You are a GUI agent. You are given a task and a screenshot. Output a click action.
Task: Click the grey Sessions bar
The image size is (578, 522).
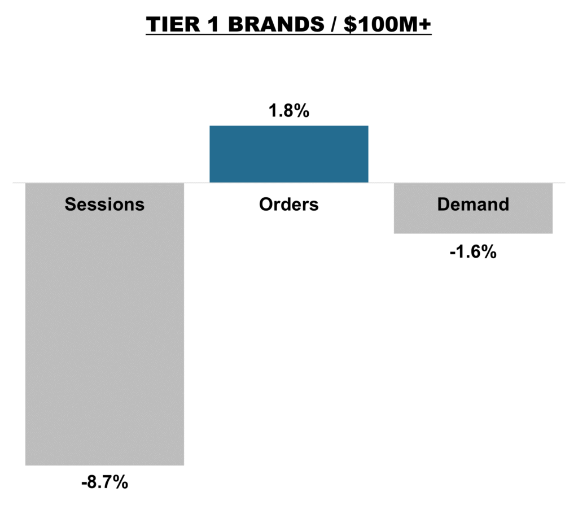click(x=104, y=324)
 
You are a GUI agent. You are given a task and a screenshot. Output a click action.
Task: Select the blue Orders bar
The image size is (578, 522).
click(x=289, y=154)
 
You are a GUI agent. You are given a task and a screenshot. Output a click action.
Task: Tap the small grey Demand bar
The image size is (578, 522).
click(x=474, y=208)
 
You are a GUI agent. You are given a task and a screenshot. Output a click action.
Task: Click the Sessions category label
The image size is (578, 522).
click(x=104, y=204)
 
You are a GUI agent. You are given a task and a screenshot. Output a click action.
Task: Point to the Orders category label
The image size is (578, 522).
click(x=289, y=204)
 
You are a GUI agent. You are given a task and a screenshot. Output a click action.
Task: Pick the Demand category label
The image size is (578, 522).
click(x=474, y=204)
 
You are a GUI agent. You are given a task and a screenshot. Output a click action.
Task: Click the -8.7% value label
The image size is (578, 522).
click(x=104, y=482)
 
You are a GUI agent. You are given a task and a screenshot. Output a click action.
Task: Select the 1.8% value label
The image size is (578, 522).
click(x=289, y=110)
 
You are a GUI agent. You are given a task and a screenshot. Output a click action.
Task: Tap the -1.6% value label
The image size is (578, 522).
click(x=474, y=252)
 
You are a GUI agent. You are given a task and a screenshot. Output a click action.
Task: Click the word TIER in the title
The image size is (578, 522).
click(x=173, y=24)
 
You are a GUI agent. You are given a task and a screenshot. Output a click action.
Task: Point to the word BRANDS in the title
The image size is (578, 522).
click(x=276, y=24)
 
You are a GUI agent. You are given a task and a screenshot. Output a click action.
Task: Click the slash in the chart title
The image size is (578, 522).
click(x=334, y=24)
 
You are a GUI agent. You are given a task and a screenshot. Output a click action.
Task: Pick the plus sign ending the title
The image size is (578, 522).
click(x=424, y=24)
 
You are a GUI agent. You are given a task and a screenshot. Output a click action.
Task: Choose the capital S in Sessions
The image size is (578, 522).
click(x=71, y=204)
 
